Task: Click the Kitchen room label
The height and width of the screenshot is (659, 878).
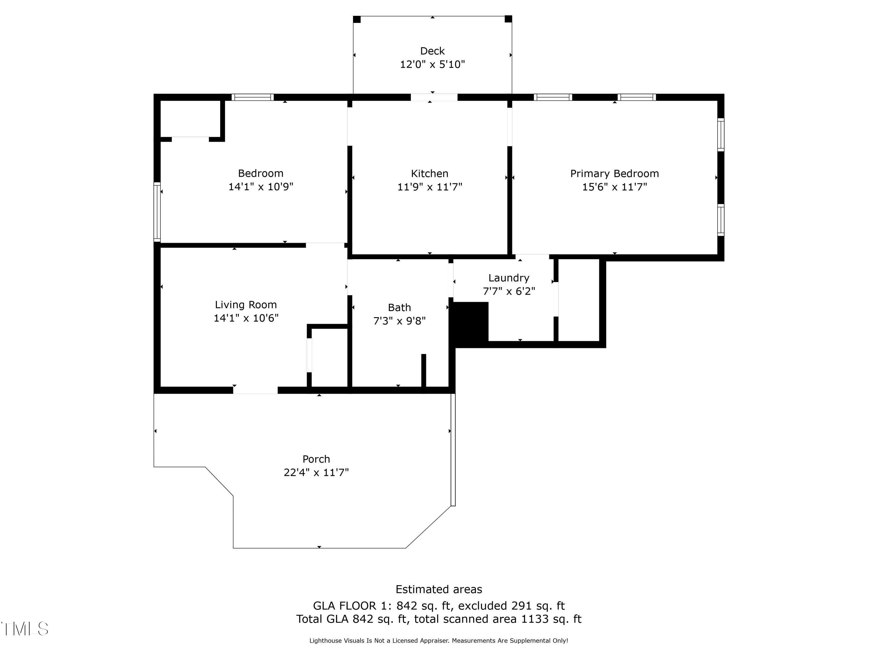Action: [x=429, y=174]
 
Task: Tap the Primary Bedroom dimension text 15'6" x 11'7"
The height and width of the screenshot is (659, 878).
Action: [x=614, y=187]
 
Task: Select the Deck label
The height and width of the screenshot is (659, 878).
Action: [x=432, y=51]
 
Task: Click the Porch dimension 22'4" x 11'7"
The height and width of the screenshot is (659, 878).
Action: [x=316, y=472]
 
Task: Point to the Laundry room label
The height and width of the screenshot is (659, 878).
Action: [x=508, y=278]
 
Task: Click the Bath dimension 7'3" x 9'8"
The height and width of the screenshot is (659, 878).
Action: [x=399, y=320]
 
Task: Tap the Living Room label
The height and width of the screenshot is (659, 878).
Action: [x=246, y=305]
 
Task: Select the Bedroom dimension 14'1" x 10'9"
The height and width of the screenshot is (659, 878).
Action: [x=260, y=187]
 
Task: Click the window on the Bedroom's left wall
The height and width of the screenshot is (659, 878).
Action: [x=157, y=212]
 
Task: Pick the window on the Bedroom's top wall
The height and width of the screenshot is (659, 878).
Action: [x=253, y=97]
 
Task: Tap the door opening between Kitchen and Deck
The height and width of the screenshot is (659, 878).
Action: [x=434, y=97]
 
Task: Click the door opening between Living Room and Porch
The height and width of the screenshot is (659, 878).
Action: [x=255, y=390]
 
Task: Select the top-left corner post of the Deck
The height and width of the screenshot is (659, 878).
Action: [x=357, y=19]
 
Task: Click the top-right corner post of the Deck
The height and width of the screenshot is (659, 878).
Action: [x=508, y=19]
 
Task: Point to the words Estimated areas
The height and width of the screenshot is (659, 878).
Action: [x=439, y=589]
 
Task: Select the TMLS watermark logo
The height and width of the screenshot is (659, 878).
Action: [x=25, y=629]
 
